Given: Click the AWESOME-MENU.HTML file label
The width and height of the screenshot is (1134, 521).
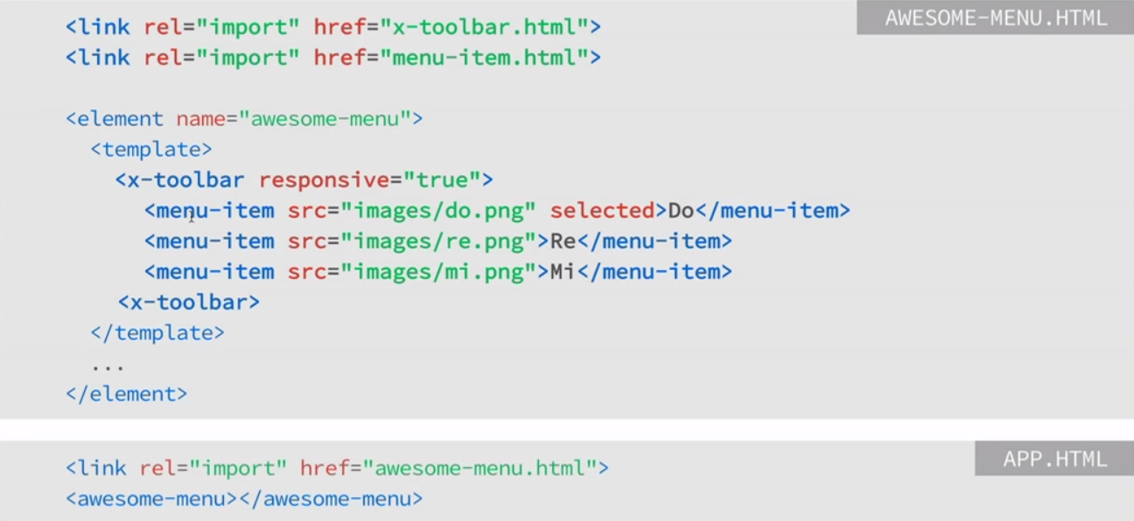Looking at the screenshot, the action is [x=995, y=18].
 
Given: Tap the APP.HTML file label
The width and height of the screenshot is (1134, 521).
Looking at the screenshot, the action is [x=1054, y=459].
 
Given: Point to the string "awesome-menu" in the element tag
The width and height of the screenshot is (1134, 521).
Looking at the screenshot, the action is [x=325, y=119].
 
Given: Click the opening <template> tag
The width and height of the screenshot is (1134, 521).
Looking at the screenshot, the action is [x=151, y=149].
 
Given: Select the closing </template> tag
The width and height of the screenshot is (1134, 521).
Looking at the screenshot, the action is [x=157, y=333].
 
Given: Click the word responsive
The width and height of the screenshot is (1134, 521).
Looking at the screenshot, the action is [x=324, y=180].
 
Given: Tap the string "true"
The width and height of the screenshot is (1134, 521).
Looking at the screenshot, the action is [x=441, y=180].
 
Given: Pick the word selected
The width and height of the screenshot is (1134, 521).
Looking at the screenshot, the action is [x=602, y=211].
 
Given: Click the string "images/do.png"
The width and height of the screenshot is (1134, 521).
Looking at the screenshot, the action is [x=437, y=211].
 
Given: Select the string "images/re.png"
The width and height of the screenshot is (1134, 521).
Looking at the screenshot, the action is [x=437, y=241].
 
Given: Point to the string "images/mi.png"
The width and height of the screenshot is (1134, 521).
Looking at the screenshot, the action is [x=437, y=272].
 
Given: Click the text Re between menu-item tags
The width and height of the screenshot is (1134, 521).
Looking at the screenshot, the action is [x=563, y=241].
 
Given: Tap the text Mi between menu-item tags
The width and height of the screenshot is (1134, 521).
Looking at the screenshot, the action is [x=563, y=272].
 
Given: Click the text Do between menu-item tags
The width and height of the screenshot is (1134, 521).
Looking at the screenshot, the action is [x=681, y=211].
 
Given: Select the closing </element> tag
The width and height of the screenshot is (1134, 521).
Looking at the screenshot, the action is [x=127, y=394].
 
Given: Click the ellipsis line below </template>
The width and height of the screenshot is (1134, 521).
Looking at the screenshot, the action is [x=108, y=365].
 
